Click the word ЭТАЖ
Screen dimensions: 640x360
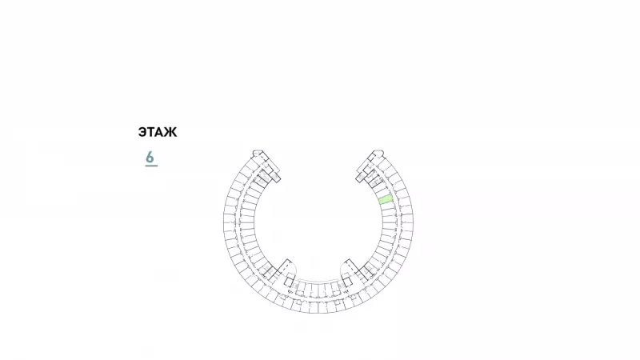pyautogui.click(x=158, y=132)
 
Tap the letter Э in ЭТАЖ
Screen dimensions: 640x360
pyautogui.click(x=142, y=132)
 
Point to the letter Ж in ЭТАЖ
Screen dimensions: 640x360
pyautogui.click(x=171, y=132)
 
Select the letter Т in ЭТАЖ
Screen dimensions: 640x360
pyautogui.click(x=151, y=132)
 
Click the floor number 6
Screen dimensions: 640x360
pyautogui.click(x=150, y=157)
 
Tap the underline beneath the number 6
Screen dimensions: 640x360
pyautogui.click(x=151, y=166)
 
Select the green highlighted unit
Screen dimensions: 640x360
pyautogui.click(x=386, y=199)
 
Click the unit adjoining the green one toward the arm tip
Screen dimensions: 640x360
pyautogui.click(x=384, y=192)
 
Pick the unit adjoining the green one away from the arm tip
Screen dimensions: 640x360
pyautogui.click(x=388, y=206)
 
